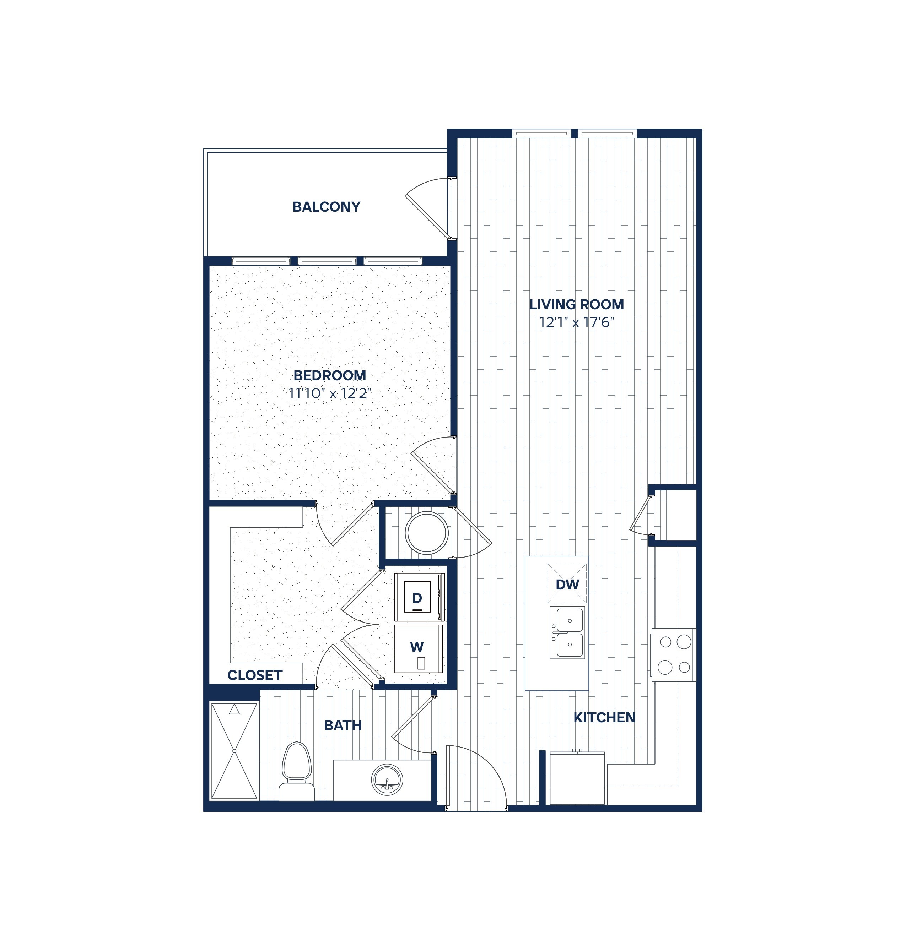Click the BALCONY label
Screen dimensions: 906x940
(326, 207)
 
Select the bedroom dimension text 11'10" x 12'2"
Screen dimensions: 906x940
(330, 393)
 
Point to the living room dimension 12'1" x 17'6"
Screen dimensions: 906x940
(576, 322)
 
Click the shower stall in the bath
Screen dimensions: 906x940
(234, 751)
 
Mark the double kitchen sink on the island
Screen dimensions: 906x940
(567, 632)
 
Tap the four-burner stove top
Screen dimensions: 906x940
(673, 654)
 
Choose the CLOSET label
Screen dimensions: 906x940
(255, 675)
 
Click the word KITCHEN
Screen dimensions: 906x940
(604, 717)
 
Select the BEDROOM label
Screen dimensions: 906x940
(330, 375)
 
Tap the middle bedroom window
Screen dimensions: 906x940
(327, 261)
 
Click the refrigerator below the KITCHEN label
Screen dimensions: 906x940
(577, 778)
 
